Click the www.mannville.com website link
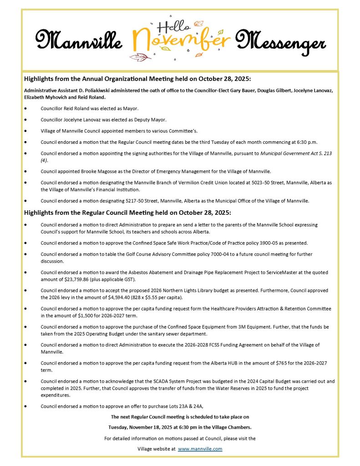[200, 449]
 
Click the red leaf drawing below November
[140, 57]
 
